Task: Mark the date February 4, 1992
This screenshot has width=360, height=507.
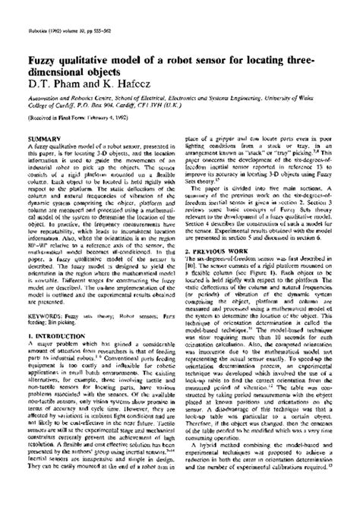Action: tap(98, 115)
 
